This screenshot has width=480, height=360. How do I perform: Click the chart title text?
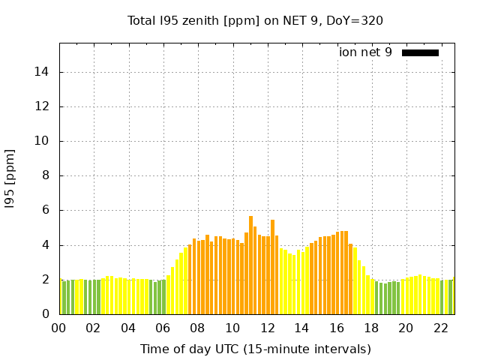(x=255, y=20)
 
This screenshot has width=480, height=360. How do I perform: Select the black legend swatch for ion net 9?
(x=420, y=52)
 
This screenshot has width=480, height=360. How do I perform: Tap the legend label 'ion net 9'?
(x=365, y=52)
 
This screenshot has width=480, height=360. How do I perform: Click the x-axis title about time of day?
(x=255, y=349)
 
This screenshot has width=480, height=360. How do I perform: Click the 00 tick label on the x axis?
(x=59, y=328)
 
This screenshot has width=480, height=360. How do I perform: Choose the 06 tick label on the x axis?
(x=163, y=328)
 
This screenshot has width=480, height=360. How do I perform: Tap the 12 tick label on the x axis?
(x=267, y=328)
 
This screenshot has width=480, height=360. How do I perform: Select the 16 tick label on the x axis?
(x=337, y=328)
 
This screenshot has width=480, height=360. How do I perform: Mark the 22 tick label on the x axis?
(x=441, y=328)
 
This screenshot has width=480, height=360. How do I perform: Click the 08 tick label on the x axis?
(x=198, y=328)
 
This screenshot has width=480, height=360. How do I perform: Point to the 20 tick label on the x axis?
(x=406, y=328)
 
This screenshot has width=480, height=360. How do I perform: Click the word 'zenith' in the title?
(x=199, y=20)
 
